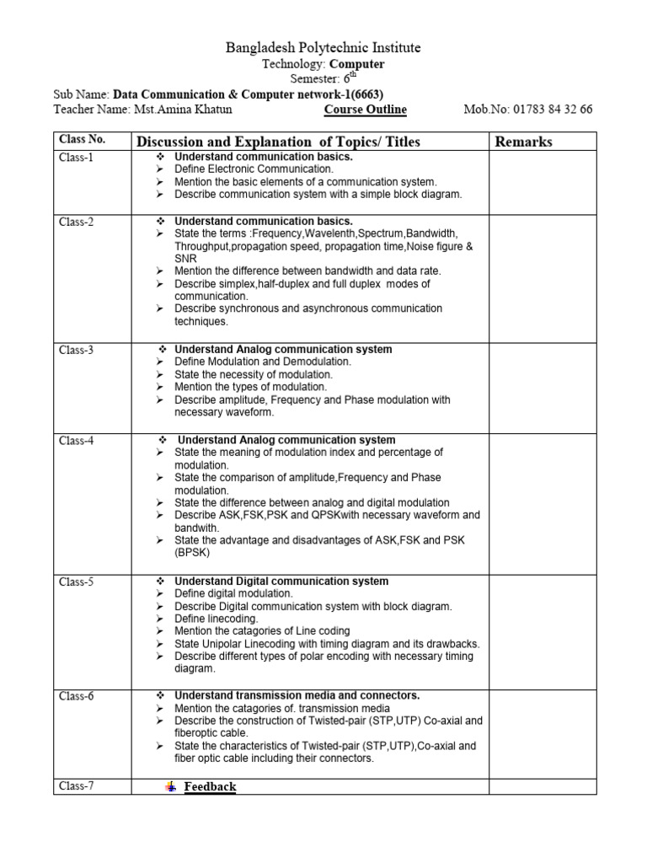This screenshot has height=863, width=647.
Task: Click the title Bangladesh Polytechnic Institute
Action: pos(323,47)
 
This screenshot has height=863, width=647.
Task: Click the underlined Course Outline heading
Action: pos(365,110)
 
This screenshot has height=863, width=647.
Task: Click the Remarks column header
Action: pos(523,142)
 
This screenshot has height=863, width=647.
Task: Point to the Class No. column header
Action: pos(82,139)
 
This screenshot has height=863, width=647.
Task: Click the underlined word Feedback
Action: pos(210,786)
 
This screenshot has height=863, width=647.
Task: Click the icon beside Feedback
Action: pos(171,786)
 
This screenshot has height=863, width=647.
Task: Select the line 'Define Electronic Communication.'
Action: pos(254,169)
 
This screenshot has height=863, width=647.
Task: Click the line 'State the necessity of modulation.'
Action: pos(254,374)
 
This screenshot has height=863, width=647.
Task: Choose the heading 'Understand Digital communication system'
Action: pos(281,582)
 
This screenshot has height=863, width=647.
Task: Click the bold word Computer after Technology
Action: pos(357,64)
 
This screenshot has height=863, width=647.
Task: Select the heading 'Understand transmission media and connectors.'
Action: pos(297,695)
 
